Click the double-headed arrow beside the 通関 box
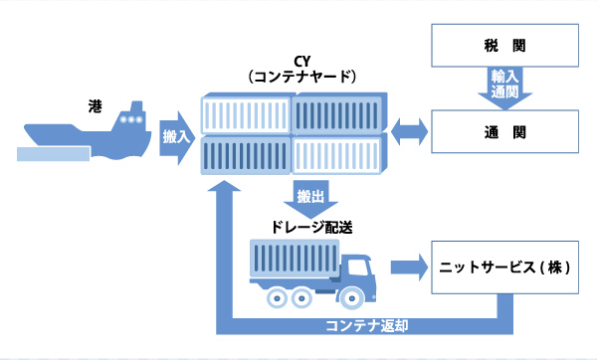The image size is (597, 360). coord(409,130)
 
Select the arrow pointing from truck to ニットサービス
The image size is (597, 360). coord(405,267)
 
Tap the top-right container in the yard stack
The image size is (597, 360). coord(338,113)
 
